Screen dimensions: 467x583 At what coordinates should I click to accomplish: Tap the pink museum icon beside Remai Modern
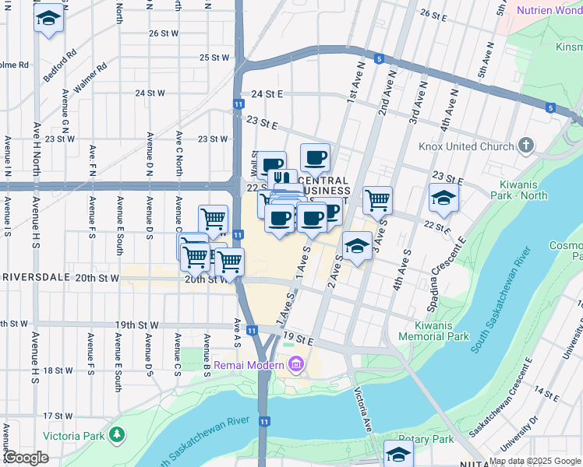(x=296, y=363)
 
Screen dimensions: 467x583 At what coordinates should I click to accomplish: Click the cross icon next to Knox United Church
(x=527, y=145)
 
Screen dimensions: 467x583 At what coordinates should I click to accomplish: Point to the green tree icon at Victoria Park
(x=117, y=434)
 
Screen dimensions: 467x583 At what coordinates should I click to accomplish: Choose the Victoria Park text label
(x=74, y=435)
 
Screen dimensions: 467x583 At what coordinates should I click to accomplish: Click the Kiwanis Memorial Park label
(x=433, y=330)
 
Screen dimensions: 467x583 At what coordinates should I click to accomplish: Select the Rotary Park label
(x=426, y=439)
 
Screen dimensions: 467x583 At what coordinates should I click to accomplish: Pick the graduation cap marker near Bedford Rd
(x=49, y=21)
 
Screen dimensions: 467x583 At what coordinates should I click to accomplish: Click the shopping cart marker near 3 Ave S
(x=378, y=201)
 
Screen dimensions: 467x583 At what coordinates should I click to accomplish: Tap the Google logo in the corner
(x=25, y=458)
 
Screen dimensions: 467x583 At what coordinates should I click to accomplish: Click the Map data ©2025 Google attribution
(x=535, y=461)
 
